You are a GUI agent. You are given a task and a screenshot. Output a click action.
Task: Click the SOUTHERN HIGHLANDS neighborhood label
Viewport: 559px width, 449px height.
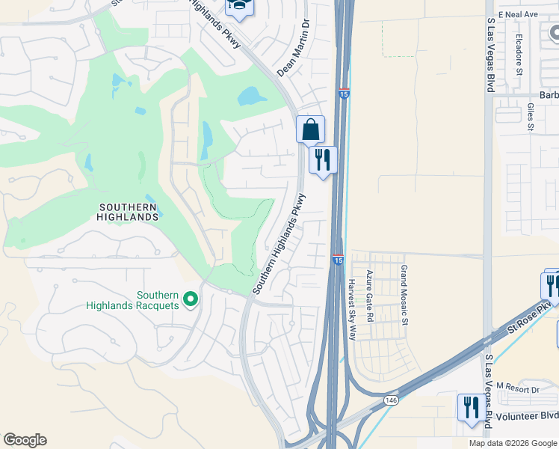point(128,211)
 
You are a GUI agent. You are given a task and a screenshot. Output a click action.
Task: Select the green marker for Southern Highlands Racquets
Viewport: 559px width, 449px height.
point(191,299)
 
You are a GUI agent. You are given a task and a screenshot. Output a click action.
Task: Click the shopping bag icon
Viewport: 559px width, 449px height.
point(310,130)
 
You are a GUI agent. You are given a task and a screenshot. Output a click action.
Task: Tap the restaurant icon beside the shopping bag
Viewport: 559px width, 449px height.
point(323,160)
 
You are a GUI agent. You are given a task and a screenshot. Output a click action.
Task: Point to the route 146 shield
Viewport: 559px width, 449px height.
point(390,401)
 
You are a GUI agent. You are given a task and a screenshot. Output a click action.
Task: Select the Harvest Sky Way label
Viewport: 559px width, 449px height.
point(352,309)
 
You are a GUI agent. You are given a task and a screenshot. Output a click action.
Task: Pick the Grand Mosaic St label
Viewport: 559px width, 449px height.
point(404,295)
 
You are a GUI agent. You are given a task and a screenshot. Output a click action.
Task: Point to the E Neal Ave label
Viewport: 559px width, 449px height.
point(521,14)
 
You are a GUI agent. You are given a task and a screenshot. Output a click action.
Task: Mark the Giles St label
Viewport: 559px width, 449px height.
point(531,117)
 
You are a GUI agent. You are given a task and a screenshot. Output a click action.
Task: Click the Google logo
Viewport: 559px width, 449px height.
point(25,440)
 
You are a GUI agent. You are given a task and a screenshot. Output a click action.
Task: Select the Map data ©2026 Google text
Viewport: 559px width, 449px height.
point(512,443)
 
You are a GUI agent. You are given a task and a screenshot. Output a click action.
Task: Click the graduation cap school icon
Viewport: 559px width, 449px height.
point(240,7)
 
